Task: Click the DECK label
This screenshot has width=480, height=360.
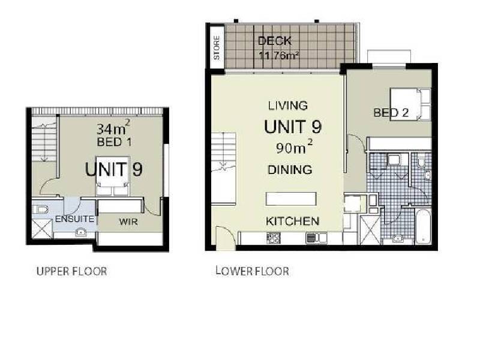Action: click(275, 41)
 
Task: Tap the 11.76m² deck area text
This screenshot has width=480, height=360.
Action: click(279, 56)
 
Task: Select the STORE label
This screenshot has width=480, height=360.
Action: click(217, 48)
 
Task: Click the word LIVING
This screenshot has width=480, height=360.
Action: click(288, 106)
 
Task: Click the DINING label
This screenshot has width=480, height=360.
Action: click(290, 170)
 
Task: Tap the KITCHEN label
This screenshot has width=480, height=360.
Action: click(292, 221)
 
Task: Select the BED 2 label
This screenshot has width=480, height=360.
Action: click(391, 113)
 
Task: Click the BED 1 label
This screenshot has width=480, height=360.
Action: click(114, 142)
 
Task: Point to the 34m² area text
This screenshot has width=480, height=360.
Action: click(113, 128)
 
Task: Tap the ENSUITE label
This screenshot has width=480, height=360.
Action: click(74, 219)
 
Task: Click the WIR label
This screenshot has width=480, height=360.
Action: click(128, 221)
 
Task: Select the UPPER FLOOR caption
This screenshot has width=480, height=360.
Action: click(71, 271)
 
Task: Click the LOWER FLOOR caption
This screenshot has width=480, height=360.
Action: click(252, 271)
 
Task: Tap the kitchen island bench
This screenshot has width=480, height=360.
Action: click(291, 199)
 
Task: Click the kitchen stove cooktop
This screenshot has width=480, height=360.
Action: click(274, 238)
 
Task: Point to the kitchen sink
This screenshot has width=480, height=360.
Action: click(316, 238)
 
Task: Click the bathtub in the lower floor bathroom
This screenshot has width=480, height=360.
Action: click(423, 227)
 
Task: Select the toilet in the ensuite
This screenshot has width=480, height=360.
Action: click(40, 209)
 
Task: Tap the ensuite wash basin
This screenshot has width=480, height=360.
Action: click(81, 233)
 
